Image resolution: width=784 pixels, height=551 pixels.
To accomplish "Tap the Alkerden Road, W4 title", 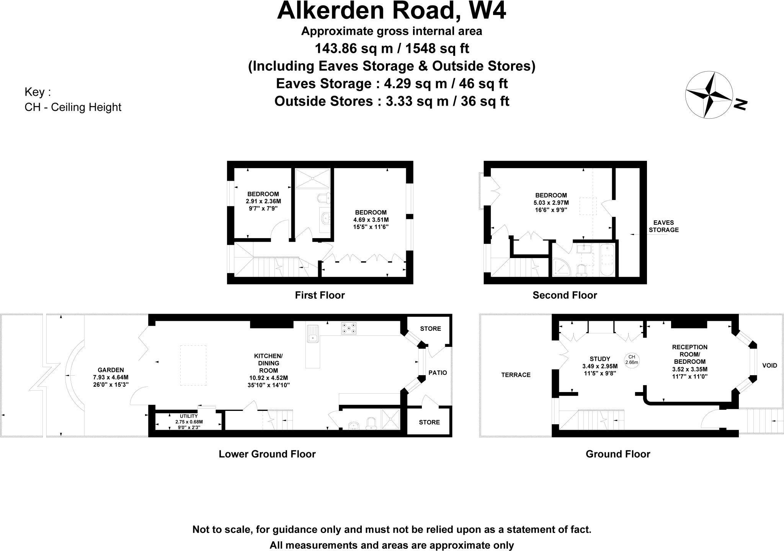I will click(391, 11).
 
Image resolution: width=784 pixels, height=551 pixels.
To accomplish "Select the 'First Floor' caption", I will click(320, 295).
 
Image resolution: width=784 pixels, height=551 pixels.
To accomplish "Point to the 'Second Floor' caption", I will click(565, 295).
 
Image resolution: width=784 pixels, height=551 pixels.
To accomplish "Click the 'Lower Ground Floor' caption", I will click(267, 454).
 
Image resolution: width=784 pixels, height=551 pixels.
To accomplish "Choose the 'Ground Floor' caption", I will click(618, 454).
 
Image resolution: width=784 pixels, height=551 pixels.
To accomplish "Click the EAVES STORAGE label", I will click(663, 226).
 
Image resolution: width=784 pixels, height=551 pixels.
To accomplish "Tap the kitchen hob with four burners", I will click(348, 329).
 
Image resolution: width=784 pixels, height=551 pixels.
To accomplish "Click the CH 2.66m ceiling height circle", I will click(632, 360).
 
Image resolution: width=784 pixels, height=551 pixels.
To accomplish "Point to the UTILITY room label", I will click(189, 416).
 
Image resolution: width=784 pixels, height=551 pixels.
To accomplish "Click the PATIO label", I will click(437, 373).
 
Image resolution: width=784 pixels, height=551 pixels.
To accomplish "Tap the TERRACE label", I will click(516, 375).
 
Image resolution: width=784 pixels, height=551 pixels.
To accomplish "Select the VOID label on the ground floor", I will click(769, 365).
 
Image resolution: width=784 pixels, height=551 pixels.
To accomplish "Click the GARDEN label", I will click(111, 370).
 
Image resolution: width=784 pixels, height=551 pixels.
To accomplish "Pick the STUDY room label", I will click(599, 359).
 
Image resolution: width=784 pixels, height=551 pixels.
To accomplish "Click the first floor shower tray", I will click(312, 178).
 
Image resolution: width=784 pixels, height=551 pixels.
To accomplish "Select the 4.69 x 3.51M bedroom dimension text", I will click(371, 220).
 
